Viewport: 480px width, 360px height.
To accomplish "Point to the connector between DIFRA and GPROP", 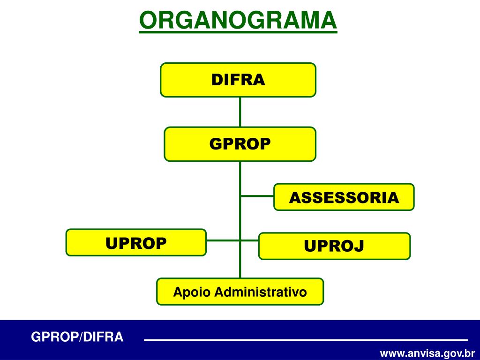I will click(240, 112).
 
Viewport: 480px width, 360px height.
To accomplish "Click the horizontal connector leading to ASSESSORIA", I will click(257, 196).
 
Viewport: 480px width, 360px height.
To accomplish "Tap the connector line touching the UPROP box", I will click(223, 240).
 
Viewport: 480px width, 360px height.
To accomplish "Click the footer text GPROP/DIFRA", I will click(77, 337).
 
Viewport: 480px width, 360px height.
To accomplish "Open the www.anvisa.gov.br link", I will click(427, 352).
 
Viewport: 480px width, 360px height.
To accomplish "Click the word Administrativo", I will click(261, 292).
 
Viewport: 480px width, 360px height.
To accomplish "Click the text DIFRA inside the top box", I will click(238, 80).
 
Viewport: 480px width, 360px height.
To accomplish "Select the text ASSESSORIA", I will click(344, 197).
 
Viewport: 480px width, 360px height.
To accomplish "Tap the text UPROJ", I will click(334, 246).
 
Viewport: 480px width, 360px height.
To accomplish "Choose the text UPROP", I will click(136, 243).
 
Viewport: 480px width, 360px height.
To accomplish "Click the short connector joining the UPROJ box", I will click(249, 240).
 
